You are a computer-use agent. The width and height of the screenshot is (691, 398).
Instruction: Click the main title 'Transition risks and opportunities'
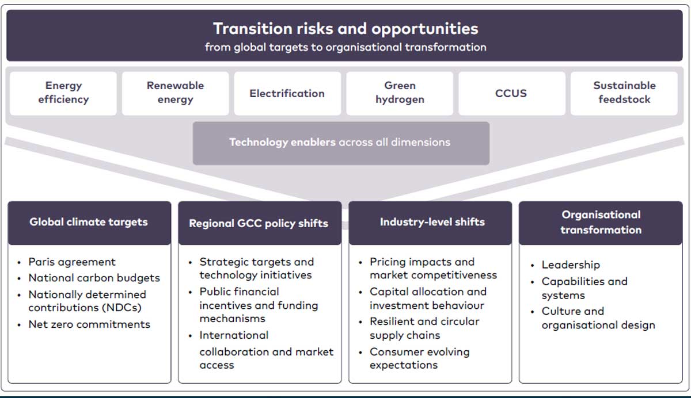click(345, 29)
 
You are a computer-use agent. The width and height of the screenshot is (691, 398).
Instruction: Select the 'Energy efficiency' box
click(63, 93)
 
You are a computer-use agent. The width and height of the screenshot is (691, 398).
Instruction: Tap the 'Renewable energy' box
click(175, 93)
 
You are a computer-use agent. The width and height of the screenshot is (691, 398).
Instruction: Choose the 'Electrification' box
click(287, 93)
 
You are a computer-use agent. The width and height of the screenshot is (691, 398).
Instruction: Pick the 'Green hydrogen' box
click(400, 93)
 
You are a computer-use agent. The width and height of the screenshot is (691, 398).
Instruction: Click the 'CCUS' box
click(512, 93)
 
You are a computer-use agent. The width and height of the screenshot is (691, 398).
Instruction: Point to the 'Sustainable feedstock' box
click(624, 93)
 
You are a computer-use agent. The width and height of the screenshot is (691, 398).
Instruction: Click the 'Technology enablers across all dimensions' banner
click(341, 143)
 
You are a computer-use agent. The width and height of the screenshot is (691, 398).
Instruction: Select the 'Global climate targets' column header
click(89, 223)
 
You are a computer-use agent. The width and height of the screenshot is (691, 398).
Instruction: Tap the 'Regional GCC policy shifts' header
click(260, 223)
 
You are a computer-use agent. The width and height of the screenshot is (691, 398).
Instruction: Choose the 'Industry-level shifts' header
click(430, 223)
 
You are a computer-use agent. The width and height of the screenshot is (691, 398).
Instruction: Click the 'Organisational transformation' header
click(601, 223)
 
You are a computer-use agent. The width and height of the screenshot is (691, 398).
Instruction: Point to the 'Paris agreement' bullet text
click(72, 262)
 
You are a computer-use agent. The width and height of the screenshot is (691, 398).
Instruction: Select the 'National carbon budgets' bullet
click(94, 278)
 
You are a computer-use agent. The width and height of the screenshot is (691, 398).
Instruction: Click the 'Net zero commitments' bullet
click(89, 324)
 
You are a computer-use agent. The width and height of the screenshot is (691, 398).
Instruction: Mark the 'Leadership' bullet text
click(571, 265)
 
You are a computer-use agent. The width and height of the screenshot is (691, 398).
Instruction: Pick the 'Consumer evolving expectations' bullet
click(420, 358)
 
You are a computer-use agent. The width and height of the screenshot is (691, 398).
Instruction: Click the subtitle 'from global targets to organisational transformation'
click(345, 47)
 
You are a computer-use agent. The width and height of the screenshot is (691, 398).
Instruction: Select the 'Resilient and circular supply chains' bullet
click(424, 328)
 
